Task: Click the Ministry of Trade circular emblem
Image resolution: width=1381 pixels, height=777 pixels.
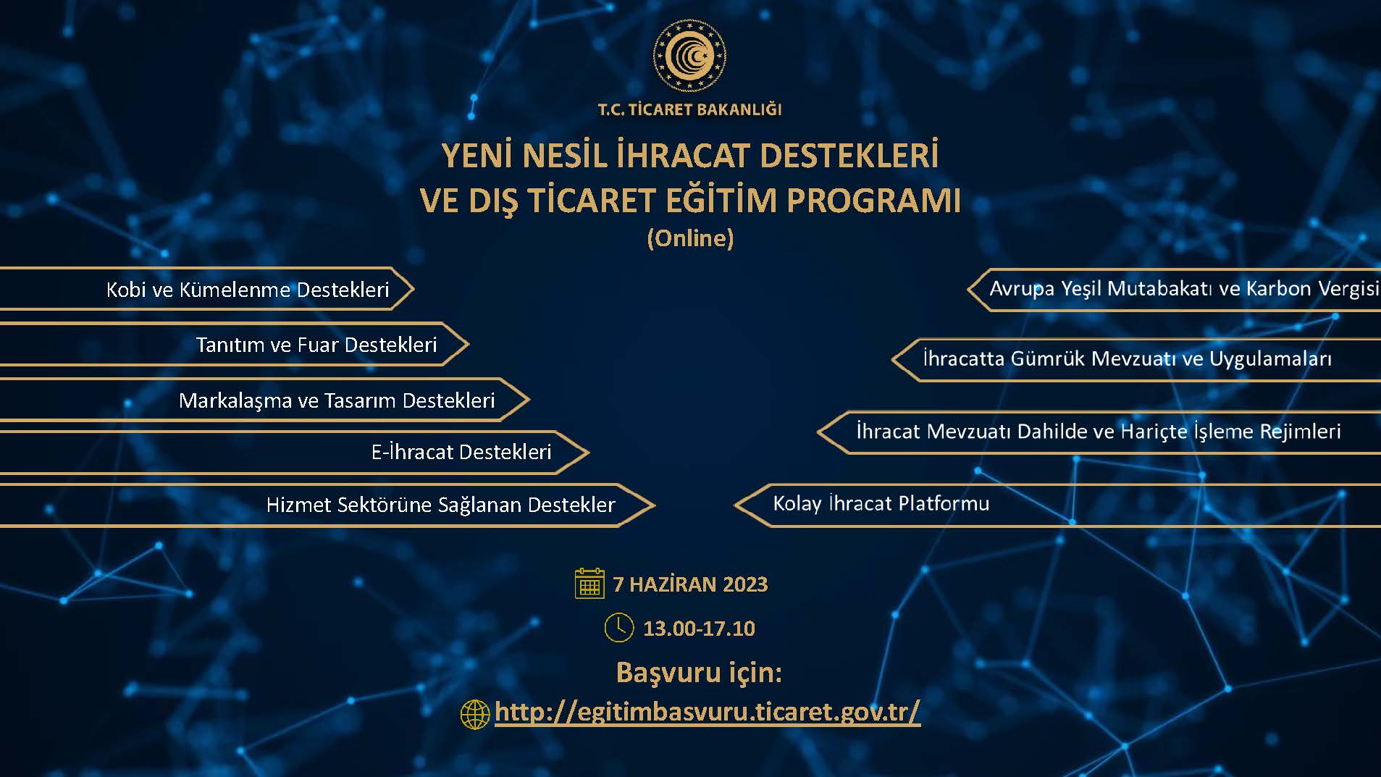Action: pos(689,56)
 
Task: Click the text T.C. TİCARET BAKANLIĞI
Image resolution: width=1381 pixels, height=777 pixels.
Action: pos(689,110)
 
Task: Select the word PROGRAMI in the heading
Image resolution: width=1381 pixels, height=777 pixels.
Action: pos(873,201)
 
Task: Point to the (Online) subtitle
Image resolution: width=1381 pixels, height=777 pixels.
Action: pos(690,238)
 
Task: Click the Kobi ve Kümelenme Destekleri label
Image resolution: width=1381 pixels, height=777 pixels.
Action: pos(248,290)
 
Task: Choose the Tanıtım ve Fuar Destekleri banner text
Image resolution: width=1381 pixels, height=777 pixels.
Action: pos(316,345)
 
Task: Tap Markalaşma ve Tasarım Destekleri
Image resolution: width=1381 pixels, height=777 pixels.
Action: pos(337,400)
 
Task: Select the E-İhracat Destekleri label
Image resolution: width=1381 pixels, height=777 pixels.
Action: pos(461,452)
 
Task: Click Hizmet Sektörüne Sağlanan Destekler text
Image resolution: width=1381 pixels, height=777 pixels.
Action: pos(440,505)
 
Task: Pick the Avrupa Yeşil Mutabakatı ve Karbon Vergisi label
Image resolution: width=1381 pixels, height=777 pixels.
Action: pos(1184,289)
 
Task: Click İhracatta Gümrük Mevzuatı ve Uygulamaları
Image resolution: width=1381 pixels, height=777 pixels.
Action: pos(1128,359)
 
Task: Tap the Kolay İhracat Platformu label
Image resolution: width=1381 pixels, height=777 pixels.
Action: pos(881,503)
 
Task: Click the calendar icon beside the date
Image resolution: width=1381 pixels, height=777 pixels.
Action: pos(589,583)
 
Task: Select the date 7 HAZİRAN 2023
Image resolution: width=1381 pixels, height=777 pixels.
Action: pos(690,584)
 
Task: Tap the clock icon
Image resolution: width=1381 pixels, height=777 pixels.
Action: pos(619,628)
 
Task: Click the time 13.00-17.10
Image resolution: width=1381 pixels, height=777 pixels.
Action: pos(699,629)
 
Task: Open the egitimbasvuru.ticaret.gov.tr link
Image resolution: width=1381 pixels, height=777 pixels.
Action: pos(708,712)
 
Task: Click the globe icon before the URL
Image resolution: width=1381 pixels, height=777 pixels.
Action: pos(475,714)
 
